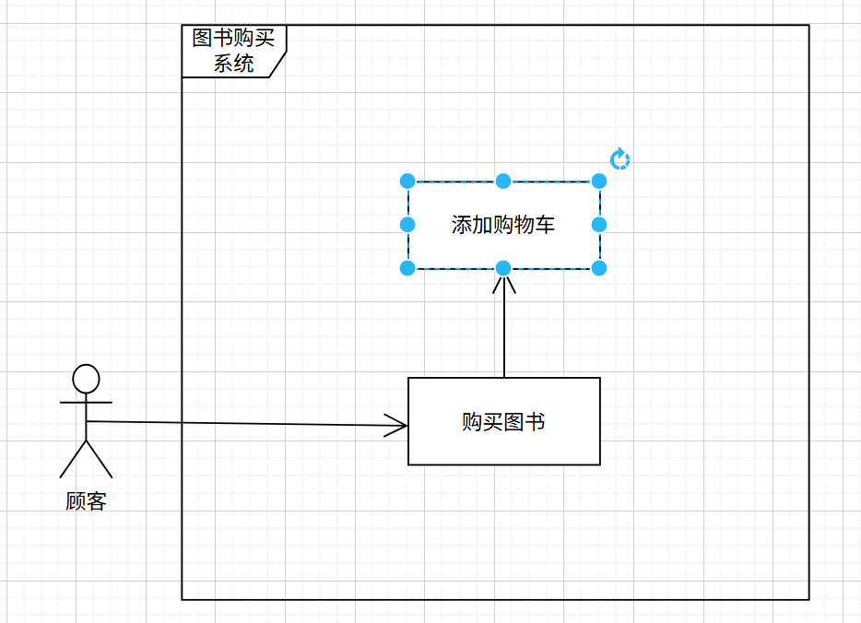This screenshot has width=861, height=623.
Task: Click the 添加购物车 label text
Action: point(503,225)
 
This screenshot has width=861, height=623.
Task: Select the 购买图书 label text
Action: point(503,422)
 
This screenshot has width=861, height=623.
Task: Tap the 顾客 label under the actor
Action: point(86,502)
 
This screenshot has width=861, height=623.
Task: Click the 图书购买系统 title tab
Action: point(234,52)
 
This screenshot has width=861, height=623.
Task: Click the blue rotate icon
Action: point(620,160)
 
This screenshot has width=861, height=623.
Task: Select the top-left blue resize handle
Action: point(407,181)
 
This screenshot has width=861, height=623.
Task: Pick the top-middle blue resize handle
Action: point(503,181)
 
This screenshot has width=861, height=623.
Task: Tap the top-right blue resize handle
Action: point(599,181)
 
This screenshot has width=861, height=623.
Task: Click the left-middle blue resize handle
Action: point(407,224)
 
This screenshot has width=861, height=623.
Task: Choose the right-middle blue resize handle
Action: point(599,224)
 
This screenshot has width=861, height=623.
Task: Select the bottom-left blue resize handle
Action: point(407,268)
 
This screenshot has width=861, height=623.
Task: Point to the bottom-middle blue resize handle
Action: point(503,268)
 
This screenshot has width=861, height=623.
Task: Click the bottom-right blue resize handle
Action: point(599,268)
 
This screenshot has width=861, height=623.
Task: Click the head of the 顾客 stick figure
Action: point(86,378)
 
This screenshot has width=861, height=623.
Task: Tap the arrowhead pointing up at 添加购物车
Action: point(504,283)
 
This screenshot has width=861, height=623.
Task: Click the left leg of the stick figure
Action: point(73,460)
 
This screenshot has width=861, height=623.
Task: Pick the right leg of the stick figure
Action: point(100,460)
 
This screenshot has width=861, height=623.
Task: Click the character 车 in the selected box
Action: point(545,225)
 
